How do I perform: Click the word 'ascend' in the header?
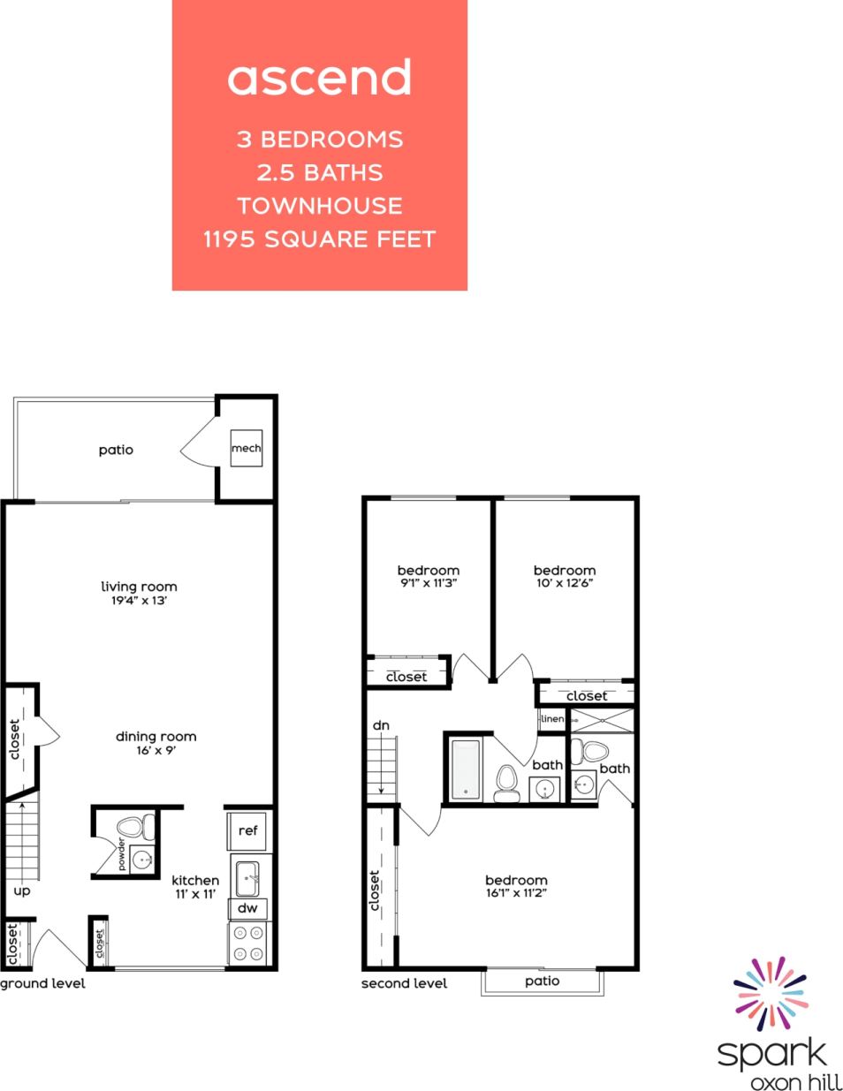(319, 78)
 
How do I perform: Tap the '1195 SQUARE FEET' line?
(319, 239)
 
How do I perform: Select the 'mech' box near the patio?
(247, 449)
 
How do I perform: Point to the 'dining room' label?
(156, 737)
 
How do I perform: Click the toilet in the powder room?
(132, 828)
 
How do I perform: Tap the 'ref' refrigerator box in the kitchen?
(248, 830)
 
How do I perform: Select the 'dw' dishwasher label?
(248, 908)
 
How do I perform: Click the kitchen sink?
(248, 877)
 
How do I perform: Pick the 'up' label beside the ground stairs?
(22, 890)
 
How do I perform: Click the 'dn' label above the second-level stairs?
(381, 725)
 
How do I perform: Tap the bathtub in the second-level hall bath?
(465, 769)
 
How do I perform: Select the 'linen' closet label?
(552, 719)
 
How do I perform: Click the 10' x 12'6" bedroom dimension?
(564, 583)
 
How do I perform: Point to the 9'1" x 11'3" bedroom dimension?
(428, 583)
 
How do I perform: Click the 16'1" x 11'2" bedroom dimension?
(516, 893)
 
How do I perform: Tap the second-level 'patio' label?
(542, 981)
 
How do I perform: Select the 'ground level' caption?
(43, 984)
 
